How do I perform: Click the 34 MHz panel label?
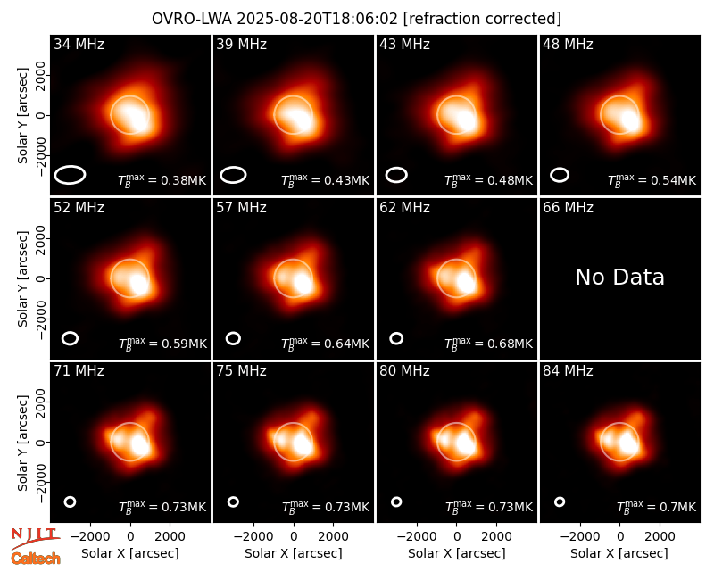pos(79,44)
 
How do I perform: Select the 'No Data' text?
pos(619,277)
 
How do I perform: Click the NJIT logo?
pos(35,537)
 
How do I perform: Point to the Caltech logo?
pos(36,559)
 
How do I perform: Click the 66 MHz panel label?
pos(568,208)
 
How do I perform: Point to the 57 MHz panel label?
pos(241,208)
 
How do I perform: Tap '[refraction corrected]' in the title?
pos(482,19)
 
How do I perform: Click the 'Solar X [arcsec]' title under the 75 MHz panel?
pos(294,553)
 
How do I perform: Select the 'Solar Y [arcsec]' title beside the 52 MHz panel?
pos(22,278)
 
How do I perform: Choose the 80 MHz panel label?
pos(404,371)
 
